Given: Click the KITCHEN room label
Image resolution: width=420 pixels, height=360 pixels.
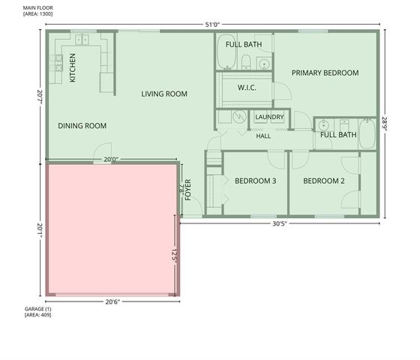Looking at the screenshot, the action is click(73, 67).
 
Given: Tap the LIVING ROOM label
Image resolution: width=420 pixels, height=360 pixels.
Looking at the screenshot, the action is click(164, 94).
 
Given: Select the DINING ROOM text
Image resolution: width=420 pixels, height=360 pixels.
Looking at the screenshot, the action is click(82, 126).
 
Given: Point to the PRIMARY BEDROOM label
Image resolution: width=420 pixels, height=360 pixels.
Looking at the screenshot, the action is click(325, 73).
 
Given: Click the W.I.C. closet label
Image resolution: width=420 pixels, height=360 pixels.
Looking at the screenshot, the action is click(247, 88).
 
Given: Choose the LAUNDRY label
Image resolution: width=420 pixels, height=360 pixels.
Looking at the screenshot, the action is click(269, 117).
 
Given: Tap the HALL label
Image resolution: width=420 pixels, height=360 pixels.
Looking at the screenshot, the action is click(263, 136).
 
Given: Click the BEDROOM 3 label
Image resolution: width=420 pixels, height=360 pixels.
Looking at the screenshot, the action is click(256, 181).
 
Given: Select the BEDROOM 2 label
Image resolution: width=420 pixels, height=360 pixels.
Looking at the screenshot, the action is click(324, 181).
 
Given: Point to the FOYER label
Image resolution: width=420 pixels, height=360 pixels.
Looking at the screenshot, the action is click(188, 190).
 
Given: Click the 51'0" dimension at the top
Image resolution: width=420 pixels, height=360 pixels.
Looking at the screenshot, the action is click(212, 25).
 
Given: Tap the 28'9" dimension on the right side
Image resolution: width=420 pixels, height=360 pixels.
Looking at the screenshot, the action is click(385, 124).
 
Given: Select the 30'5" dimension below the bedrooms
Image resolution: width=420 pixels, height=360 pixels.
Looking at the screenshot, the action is click(280, 223).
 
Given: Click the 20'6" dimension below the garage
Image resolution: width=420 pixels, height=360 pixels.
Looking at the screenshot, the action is click(112, 301).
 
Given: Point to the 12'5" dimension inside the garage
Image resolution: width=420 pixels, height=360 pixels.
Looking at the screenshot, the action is click(174, 256).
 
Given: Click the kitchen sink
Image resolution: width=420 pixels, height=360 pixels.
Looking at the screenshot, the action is click(82, 40).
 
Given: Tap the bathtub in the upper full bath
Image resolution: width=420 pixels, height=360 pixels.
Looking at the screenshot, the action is click(226, 52).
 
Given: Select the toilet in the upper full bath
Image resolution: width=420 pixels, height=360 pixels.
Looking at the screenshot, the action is click(246, 61).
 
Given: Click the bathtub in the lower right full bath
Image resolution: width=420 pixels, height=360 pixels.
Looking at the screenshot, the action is click(367, 134).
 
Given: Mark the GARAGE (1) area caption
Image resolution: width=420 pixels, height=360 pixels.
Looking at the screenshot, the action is click(37, 312).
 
